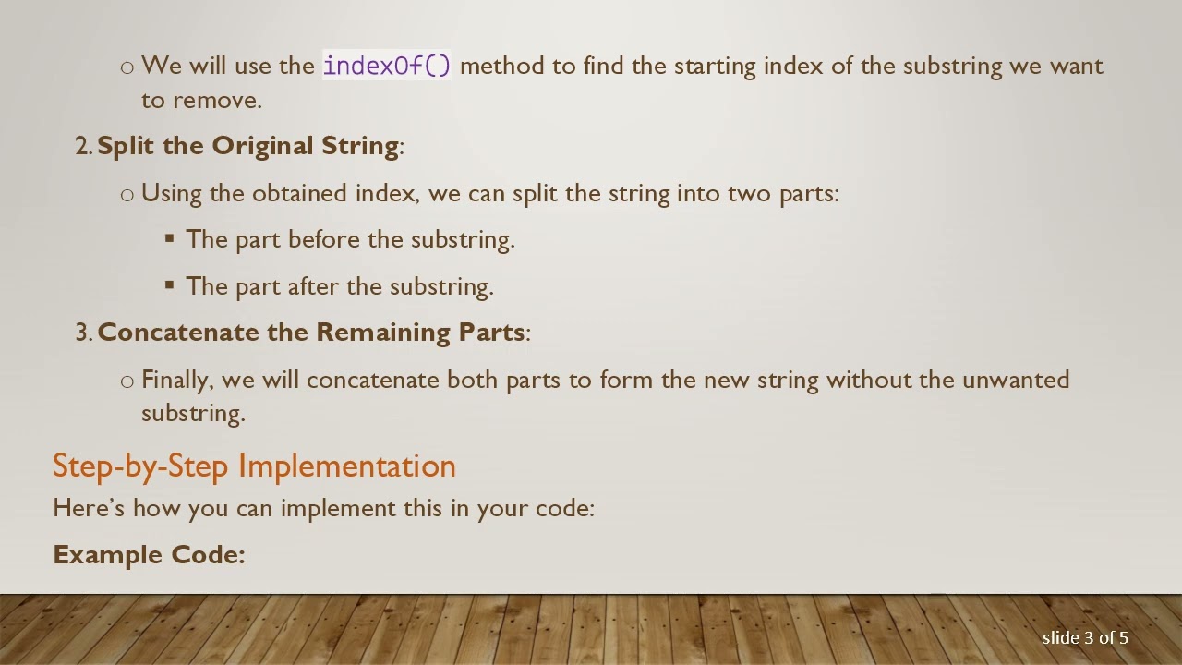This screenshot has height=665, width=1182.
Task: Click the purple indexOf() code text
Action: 386,66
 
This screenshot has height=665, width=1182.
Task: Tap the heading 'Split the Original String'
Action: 247,146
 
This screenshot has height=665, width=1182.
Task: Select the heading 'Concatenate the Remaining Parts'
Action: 310,332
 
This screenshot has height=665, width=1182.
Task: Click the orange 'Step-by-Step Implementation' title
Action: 254,465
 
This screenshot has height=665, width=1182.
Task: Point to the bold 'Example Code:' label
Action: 149,554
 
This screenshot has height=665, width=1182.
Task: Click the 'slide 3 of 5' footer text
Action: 1085,637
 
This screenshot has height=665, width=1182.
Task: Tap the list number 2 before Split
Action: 81,147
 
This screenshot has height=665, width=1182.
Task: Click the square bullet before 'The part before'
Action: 169,238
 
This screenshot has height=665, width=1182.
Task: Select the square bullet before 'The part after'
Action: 169,284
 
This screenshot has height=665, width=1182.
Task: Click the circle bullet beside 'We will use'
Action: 127,66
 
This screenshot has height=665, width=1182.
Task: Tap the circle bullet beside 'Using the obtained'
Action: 127,194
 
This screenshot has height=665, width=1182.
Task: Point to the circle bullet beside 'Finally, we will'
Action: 127,381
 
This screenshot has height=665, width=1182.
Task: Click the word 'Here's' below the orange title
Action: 90,508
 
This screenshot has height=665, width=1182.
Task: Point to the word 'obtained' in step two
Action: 300,193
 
